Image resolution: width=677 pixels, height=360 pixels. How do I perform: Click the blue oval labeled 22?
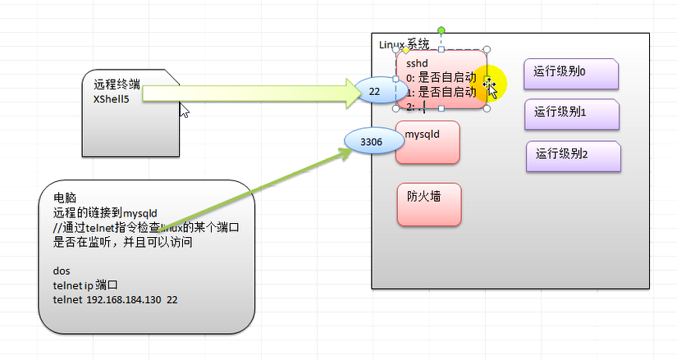pos(374,92)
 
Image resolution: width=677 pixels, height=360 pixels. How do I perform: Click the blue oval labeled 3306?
pos(371,142)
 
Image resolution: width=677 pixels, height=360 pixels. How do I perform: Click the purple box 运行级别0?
pos(571,73)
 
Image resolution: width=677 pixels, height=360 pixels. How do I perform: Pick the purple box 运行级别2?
pos(573,156)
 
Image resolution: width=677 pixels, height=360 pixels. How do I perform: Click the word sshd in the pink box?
pos(418,63)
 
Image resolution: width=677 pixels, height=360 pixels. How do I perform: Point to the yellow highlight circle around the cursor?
pos(490,82)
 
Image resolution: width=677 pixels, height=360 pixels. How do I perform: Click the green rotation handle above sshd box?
pos(441,31)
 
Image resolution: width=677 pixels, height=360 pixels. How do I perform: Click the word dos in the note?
pos(61,271)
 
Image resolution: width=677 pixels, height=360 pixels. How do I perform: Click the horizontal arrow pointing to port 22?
pos(246,93)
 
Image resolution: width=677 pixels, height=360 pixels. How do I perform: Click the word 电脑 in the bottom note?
pos(64,198)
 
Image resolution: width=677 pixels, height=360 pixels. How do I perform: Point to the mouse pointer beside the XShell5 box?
pos(185,110)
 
